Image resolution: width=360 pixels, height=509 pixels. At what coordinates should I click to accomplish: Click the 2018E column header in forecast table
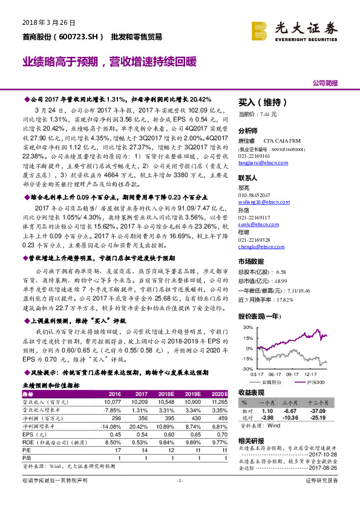coord(166,393)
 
